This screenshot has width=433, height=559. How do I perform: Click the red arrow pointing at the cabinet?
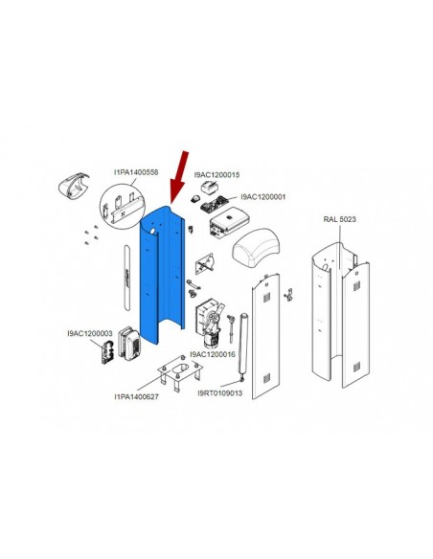click(x=180, y=177)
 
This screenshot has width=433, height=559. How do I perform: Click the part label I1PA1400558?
click(x=136, y=172)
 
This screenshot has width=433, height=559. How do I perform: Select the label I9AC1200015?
click(x=216, y=175)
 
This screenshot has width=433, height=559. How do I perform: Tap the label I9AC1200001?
click(x=263, y=197)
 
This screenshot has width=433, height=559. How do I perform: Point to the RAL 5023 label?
click(x=339, y=219)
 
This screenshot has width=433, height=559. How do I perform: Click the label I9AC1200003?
click(x=90, y=333)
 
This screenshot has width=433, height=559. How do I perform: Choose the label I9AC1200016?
click(x=213, y=354)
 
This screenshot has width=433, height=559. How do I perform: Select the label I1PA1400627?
click(x=137, y=396)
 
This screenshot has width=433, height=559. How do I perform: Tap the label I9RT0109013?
click(x=220, y=392)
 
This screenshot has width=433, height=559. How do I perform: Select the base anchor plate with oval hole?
click(x=180, y=371)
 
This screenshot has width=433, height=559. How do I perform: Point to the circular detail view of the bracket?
click(x=122, y=206)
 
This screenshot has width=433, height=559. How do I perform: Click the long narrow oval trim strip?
click(x=126, y=278)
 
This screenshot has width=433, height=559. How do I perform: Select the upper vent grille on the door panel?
click(x=266, y=297)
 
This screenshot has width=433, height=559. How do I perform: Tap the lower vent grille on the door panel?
click(x=266, y=378)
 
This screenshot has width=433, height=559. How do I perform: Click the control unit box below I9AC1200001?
click(x=228, y=222)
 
